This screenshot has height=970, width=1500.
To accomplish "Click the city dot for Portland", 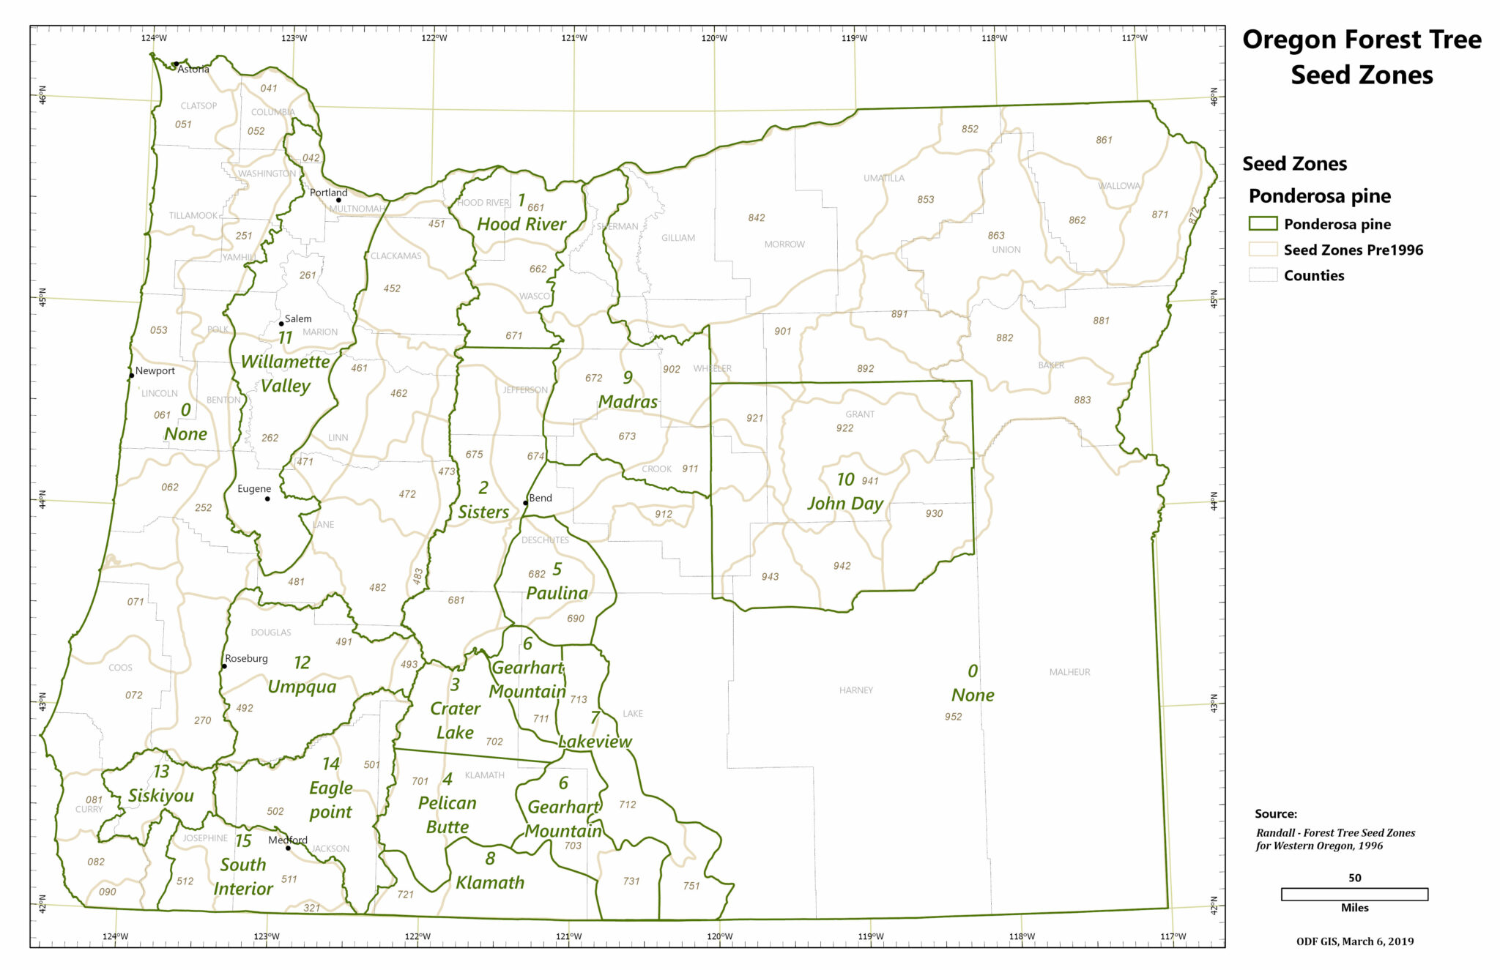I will click(338, 200).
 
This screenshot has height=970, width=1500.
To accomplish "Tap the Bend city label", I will click(541, 498).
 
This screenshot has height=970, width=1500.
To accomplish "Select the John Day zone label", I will click(845, 503).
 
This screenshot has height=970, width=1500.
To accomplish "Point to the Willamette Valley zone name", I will click(286, 373).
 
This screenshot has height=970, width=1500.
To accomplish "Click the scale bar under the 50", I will click(1354, 894).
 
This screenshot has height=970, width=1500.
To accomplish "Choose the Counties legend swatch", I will click(1263, 275).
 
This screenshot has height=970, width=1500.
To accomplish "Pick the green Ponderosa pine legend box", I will click(1263, 224).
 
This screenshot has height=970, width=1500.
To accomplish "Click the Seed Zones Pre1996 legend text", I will click(1353, 250).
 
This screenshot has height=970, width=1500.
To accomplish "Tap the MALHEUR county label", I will click(1069, 672).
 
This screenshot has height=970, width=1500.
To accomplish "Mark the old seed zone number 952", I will click(953, 717).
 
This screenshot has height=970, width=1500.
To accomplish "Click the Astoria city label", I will click(193, 70).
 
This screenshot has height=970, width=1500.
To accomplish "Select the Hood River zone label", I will click(521, 224).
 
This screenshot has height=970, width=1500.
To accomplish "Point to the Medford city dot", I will click(288, 848).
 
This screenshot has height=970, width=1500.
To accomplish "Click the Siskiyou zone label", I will click(161, 796).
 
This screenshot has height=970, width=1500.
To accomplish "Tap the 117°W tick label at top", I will click(1135, 38).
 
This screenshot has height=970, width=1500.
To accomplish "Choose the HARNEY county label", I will click(855, 690).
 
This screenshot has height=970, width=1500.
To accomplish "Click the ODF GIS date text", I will click(1355, 941).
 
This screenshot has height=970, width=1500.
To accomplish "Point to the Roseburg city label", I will click(246, 658).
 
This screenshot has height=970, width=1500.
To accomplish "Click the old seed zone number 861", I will click(1104, 140).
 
